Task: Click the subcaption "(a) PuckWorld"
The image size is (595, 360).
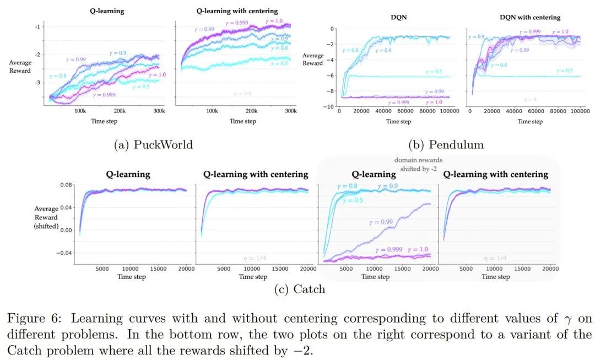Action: click(x=153, y=145)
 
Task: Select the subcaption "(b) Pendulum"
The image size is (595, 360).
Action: click(x=446, y=145)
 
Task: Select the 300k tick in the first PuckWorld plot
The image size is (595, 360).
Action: click(x=159, y=111)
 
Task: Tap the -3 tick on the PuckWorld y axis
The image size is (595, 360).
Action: click(x=37, y=83)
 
